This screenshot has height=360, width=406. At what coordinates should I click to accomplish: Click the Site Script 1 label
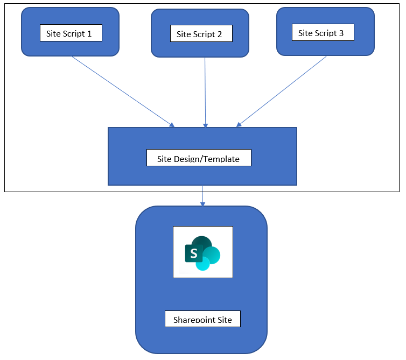(71, 33)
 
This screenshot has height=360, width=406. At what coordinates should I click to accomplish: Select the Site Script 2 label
(199, 34)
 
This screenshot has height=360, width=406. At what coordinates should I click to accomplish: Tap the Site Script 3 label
(321, 33)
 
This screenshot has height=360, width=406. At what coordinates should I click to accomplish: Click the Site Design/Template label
(198, 159)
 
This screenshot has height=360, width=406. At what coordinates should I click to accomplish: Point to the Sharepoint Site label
(202, 320)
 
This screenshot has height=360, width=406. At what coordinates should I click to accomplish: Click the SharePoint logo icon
(202, 252)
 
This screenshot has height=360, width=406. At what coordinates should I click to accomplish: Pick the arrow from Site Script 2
(205, 91)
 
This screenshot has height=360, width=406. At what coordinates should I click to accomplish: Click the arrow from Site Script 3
(282, 91)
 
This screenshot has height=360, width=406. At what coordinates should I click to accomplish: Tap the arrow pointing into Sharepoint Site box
(202, 196)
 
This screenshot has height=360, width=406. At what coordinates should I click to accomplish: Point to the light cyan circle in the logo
(203, 264)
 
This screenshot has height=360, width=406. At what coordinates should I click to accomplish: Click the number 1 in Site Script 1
(89, 33)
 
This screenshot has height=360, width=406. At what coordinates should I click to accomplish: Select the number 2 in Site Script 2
(219, 34)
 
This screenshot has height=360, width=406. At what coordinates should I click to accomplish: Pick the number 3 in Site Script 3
(341, 33)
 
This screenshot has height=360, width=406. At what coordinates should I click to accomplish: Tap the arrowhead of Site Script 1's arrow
(172, 126)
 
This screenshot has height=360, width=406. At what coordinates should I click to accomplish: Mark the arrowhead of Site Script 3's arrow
(238, 125)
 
